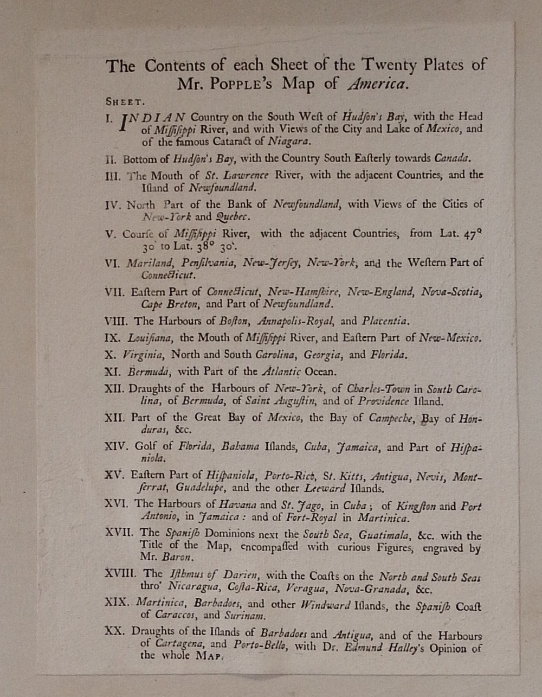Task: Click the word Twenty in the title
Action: coord(389,66)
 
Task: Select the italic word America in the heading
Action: coord(377,84)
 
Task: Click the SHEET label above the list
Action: coord(124,101)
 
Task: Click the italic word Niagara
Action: coord(289,142)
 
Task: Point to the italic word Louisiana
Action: coord(150,337)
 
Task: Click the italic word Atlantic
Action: coord(281,372)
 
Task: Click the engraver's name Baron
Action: coord(176,557)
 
